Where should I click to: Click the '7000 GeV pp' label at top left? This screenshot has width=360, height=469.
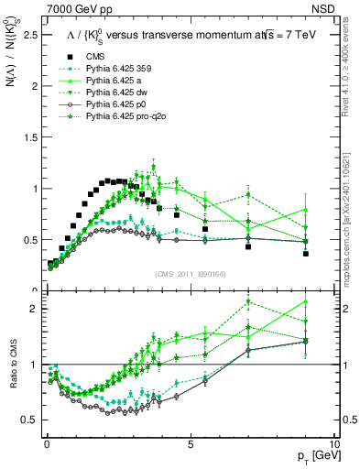click(75, 8)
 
